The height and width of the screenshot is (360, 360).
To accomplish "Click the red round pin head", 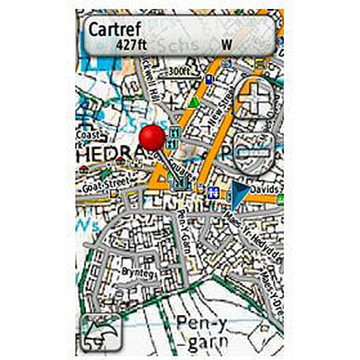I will pos(151,137).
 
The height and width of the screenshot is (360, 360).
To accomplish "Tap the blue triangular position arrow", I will pos(238,193).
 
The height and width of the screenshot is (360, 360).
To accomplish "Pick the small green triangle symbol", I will pos(193,103).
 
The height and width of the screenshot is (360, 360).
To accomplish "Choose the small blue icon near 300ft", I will pos(209,79).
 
